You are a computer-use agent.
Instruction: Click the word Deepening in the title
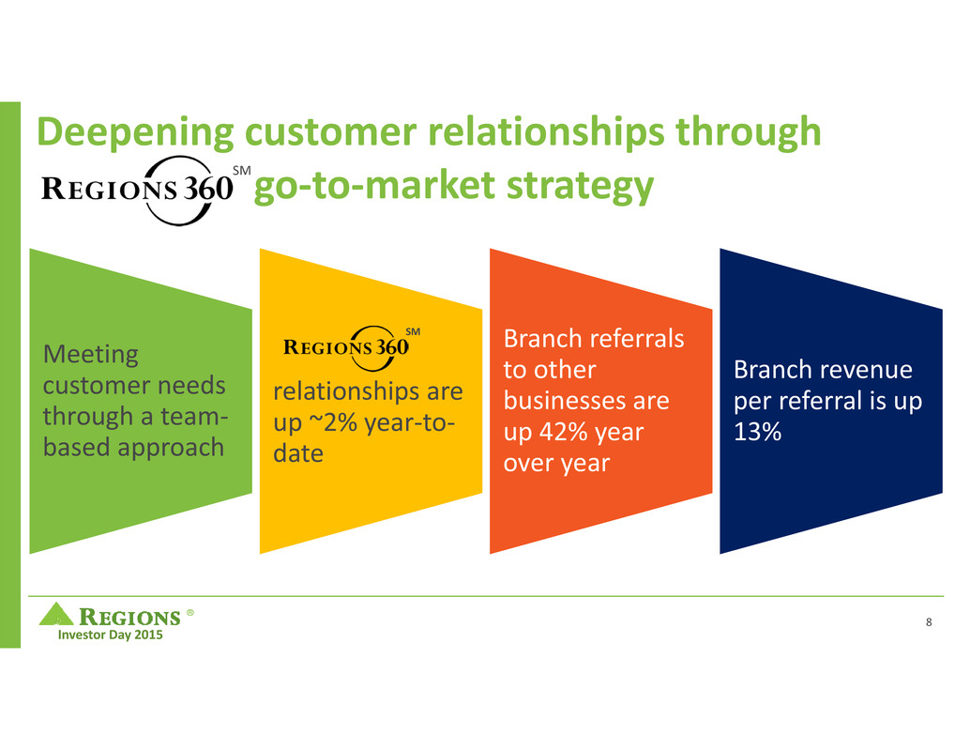click(x=120, y=134)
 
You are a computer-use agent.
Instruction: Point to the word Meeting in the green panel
click(x=91, y=355)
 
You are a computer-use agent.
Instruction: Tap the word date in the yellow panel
click(x=296, y=452)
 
